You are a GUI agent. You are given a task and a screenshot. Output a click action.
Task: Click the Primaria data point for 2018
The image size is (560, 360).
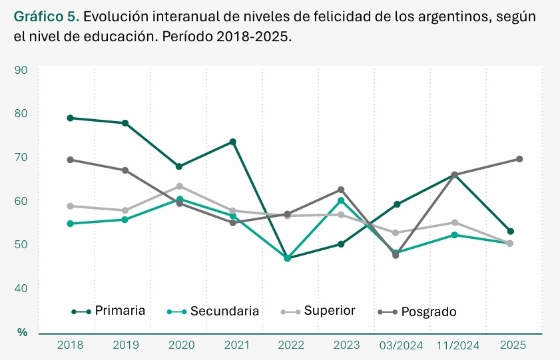click(70, 118)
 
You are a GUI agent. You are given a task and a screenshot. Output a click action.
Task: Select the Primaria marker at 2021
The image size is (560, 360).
click(233, 142)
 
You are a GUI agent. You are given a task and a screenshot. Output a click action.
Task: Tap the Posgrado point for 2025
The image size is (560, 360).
click(519, 159)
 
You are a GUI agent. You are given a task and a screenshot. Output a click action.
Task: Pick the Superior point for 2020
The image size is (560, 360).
click(180, 186)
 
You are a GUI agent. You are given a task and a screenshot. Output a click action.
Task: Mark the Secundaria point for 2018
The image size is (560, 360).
click(70, 224)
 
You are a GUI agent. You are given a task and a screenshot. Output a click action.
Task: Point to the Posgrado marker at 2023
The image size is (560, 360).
click(341, 190)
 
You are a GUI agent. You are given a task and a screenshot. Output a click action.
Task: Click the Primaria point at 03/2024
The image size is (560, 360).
click(397, 204)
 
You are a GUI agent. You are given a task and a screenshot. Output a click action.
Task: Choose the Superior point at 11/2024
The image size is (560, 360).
click(455, 222)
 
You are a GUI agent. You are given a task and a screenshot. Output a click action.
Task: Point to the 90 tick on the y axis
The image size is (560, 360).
click(21, 70)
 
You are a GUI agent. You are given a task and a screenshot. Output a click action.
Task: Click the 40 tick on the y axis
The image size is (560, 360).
click(21, 288)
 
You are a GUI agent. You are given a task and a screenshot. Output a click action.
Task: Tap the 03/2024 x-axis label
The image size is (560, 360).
click(401, 345)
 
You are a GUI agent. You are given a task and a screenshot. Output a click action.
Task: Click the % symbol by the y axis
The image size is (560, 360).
click(22, 331)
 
